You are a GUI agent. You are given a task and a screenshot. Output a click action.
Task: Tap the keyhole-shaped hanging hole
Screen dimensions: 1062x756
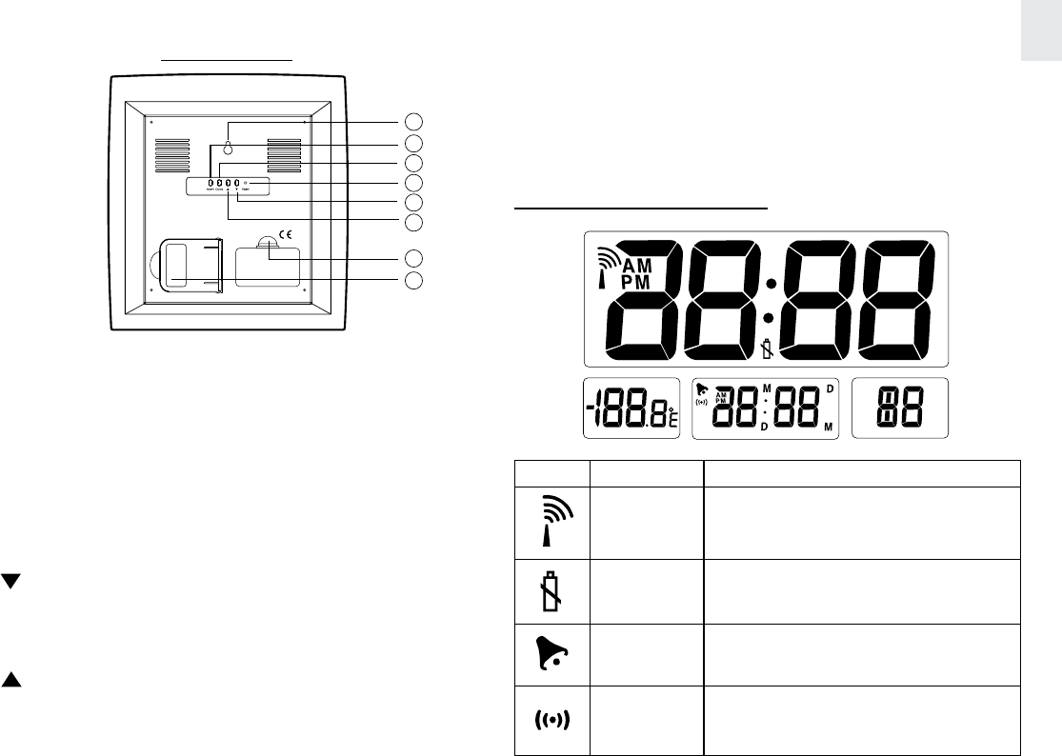pyautogui.click(x=229, y=148)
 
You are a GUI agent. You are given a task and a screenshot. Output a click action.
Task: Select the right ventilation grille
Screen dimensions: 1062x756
pyautogui.click(x=285, y=156)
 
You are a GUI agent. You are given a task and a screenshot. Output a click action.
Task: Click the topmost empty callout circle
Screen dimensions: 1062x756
pyautogui.click(x=412, y=122)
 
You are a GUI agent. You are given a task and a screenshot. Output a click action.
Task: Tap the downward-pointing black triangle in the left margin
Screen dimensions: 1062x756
pyautogui.click(x=10, y=582)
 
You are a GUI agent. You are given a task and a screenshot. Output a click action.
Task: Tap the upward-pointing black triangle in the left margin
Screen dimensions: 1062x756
pyautogui.click(x=10, y=682)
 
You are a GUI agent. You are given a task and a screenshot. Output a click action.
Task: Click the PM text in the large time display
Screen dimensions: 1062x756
pyautogui.click(x=637, y=283)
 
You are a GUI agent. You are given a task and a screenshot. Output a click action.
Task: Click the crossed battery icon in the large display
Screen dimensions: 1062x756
pyautogui.click(x=769, y=348)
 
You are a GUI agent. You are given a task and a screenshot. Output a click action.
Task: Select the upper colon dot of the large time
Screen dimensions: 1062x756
pyautogui.click(x=770, y=284)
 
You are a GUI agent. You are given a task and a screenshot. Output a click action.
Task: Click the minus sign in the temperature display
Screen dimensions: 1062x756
pyautogui.click(x=591, y=410)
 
